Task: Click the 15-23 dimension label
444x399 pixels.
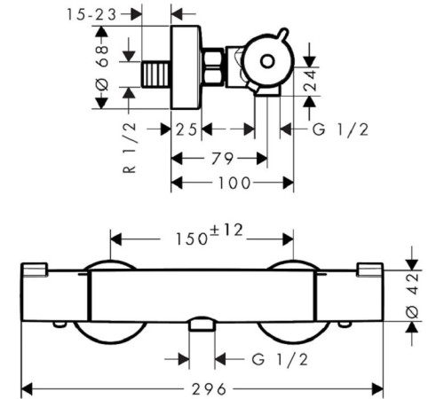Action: coord(91,14)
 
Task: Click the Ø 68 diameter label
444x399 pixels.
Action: coord(102,68)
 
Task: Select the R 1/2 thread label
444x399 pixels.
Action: coord(130,147)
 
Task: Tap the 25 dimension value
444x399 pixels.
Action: coord(186,129)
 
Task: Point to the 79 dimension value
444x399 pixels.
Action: coord(222,159)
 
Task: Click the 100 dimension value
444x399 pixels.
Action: coord(234,183)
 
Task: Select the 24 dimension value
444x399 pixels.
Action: coord(310,80)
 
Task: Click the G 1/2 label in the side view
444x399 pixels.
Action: coord(340,129)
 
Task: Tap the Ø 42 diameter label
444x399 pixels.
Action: coord(413,295)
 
